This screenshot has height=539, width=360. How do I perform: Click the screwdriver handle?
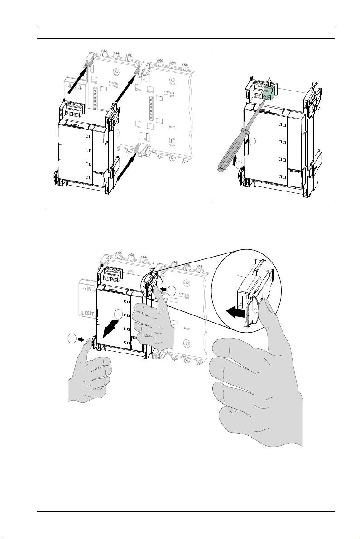tap(232, 157)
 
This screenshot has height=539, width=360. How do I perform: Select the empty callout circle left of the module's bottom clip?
tap(71, 339)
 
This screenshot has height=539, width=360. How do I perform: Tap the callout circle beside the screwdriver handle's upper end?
tap(253, 142)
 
